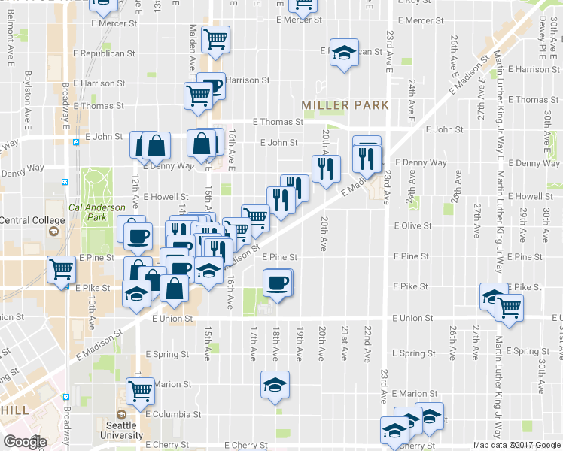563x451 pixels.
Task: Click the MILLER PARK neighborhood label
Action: coord(345,105)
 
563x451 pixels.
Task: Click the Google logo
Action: coord(25,442)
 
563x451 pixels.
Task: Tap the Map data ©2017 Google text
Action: coord(516,445)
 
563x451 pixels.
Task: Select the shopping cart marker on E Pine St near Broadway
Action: coord(60,269)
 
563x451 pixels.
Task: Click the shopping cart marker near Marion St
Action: coord(140,391)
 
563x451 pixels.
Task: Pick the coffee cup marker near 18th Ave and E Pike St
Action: coord(277,283)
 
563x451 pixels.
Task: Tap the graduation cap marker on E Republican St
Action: coord(344,53)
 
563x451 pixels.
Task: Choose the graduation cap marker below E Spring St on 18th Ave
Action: coord(275,385)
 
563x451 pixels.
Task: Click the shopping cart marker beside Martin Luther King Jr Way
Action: coord(510,307)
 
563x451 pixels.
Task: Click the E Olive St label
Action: coord(411,225)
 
